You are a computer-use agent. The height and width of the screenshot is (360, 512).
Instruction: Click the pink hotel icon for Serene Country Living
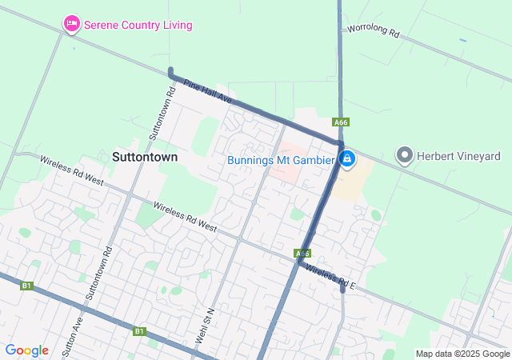(72, 25)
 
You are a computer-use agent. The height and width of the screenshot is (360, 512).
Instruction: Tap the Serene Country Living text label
(138, 25)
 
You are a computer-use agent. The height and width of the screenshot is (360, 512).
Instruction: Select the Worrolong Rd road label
(372, 30)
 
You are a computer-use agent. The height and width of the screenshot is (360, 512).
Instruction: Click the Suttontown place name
(145, 157)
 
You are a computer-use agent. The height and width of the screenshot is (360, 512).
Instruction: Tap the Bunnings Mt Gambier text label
(280, 160)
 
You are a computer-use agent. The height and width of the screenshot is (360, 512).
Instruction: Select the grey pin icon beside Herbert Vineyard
(405, 156)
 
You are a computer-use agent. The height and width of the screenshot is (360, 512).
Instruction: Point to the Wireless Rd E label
(330, 276)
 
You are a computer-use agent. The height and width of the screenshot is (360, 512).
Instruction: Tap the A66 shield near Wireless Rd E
(302, 253)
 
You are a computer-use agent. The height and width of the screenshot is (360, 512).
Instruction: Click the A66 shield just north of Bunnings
(342, 122)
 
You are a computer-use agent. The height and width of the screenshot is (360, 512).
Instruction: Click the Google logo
(26, 350)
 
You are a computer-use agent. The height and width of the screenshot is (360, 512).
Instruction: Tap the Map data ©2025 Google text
(462, 354)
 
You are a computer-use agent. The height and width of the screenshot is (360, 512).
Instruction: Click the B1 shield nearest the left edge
(26, 285)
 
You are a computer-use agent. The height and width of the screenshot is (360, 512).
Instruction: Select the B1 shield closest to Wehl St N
(140, 330)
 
